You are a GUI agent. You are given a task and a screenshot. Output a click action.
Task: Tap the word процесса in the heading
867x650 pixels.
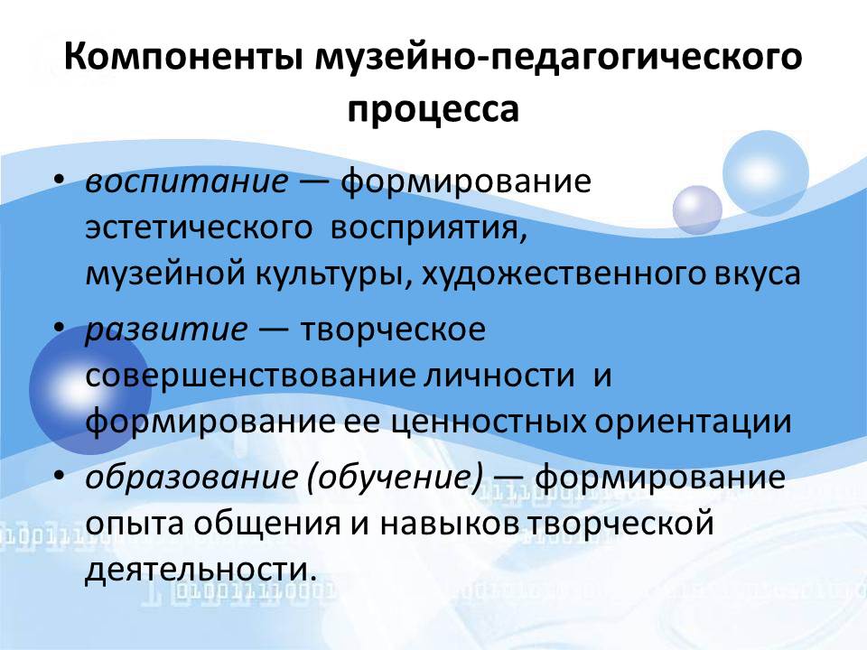433,110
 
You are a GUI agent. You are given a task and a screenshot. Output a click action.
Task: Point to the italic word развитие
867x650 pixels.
167,330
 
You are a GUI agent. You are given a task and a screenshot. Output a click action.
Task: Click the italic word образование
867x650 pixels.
191,478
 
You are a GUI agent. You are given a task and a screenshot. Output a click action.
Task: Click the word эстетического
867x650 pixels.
199,228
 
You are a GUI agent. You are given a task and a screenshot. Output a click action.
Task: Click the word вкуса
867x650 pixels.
753,274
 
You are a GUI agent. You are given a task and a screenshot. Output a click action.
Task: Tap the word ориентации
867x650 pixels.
694,422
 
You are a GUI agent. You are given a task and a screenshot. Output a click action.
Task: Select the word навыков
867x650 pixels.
449,524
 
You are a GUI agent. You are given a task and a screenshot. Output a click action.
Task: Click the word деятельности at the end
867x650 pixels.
201,570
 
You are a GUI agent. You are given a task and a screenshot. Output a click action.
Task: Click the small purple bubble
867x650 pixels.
696,210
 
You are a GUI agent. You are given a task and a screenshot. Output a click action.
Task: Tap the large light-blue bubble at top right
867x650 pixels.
765,173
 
